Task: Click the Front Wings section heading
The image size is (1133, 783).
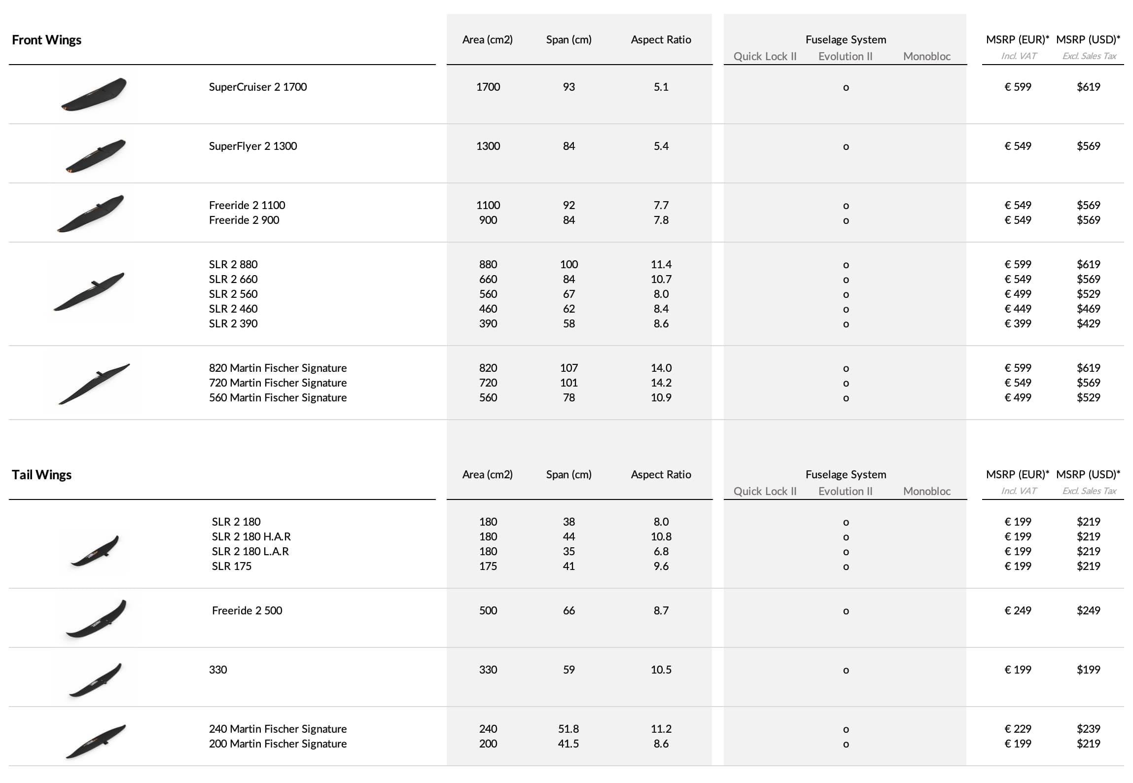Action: point(46,40)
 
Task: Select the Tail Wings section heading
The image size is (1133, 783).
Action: point(41,475)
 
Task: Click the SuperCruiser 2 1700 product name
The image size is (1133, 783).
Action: point(257,87)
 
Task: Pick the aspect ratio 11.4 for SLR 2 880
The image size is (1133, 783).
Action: point(661,264)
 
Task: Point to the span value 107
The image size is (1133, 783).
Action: point(568,368)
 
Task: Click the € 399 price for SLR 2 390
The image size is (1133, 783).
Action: point(1018,323)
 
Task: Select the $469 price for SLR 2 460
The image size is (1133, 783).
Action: point(1088,309)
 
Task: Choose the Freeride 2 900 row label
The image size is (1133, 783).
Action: point(244,220)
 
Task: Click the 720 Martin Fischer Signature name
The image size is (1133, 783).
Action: point(278,383)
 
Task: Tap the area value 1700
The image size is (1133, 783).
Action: point(488,87)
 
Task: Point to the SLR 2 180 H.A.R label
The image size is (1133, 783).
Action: point(251,536)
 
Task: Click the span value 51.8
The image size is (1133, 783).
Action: point(568,729)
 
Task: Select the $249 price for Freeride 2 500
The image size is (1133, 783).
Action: point(1088,610)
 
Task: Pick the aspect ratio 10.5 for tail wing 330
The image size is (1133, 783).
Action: point(661,670)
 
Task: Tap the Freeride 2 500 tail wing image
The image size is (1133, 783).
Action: point(96,618)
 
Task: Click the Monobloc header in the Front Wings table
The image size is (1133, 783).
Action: point(926,56)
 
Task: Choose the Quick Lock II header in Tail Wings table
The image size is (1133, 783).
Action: point(765,491)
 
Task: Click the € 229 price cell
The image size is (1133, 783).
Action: point(1018,729)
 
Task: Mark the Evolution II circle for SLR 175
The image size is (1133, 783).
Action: point(846,567)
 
